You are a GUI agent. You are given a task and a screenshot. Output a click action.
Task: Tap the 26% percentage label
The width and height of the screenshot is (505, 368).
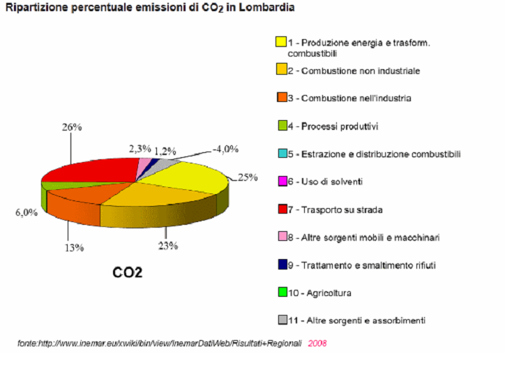click(x=73, y=127)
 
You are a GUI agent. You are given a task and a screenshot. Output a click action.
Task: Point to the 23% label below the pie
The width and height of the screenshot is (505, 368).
click(x=168, y=245)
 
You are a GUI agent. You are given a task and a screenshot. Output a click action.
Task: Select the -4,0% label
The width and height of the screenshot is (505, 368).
click(x=225, y=148)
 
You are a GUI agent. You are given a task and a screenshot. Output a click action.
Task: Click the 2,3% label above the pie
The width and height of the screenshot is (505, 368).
click(x=140, y=148)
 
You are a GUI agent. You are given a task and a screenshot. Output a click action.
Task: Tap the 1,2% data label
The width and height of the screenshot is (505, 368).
click(x=165, y=150)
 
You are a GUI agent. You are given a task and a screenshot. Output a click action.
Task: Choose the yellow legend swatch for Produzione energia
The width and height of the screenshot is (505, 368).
click(x=281, y=43)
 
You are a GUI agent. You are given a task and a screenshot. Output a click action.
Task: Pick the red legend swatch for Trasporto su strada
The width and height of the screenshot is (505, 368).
click(x=281, y=209)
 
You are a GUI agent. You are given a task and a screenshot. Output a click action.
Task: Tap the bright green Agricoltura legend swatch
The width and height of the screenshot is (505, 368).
click(x=281, y=292)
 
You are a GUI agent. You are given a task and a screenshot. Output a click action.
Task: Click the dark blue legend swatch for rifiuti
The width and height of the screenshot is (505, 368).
click(x=281, y=265)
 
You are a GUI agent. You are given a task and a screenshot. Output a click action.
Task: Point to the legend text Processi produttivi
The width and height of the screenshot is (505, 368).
click(x=340, y=126)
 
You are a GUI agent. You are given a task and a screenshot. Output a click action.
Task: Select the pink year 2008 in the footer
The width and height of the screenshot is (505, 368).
click(x=317, y=344)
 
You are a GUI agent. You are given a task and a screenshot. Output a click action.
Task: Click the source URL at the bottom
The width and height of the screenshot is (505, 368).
click(x=160, y=344)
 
